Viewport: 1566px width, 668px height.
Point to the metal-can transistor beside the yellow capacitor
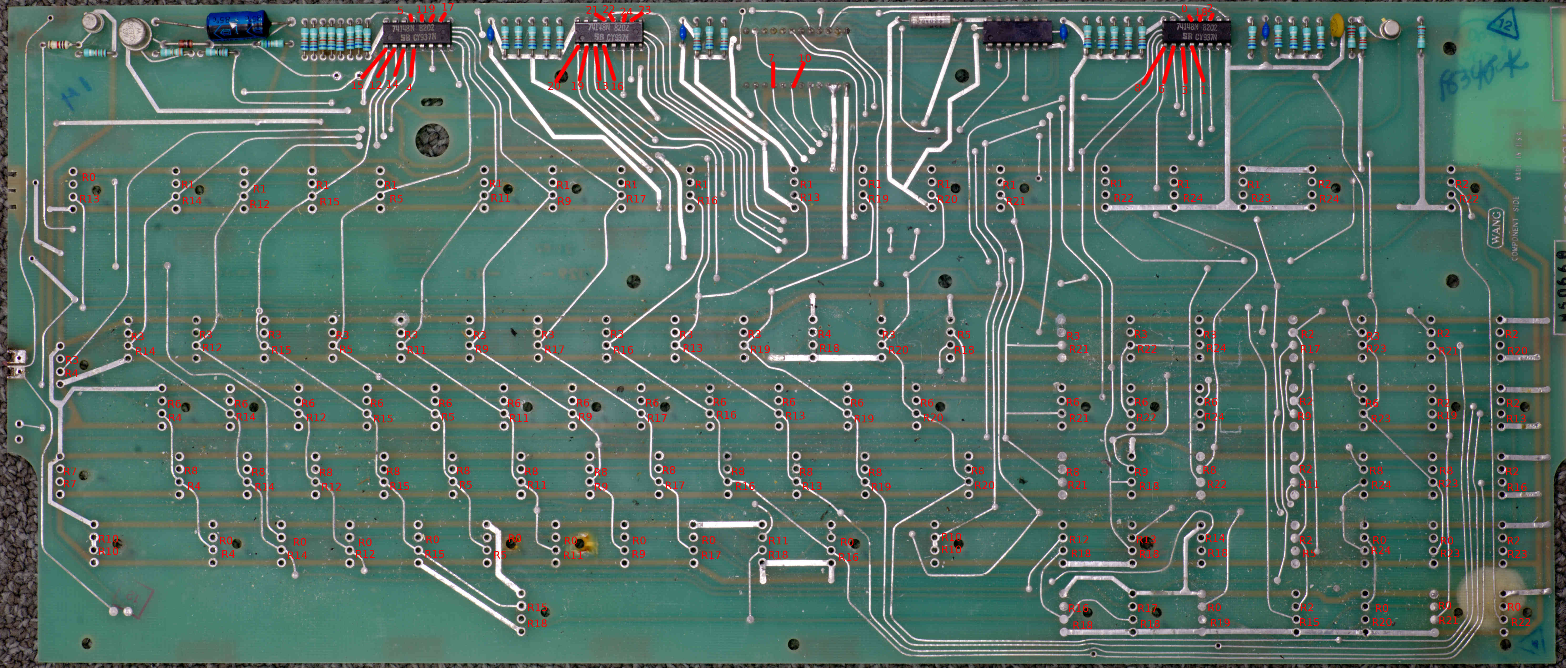pyautogui.click(x=1389, y=29)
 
